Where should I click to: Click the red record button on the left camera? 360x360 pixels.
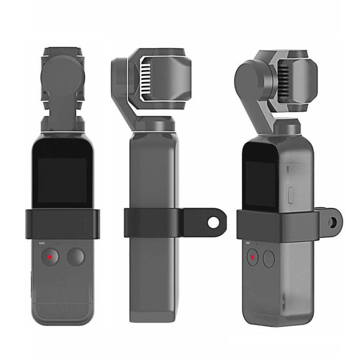click(50, 257)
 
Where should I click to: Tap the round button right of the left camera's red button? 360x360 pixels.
click(76, 257)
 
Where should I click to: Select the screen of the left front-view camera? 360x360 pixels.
click(62, 179)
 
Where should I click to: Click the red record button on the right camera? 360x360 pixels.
click(253, 259)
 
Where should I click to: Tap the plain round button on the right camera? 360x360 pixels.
click(269, 259)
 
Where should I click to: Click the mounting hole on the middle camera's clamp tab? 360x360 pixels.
click(213, 222)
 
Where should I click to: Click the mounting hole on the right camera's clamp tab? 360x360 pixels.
click(332, 222)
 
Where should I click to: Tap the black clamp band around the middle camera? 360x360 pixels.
click(150, 223)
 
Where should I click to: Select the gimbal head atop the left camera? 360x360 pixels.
click(62, 78)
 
